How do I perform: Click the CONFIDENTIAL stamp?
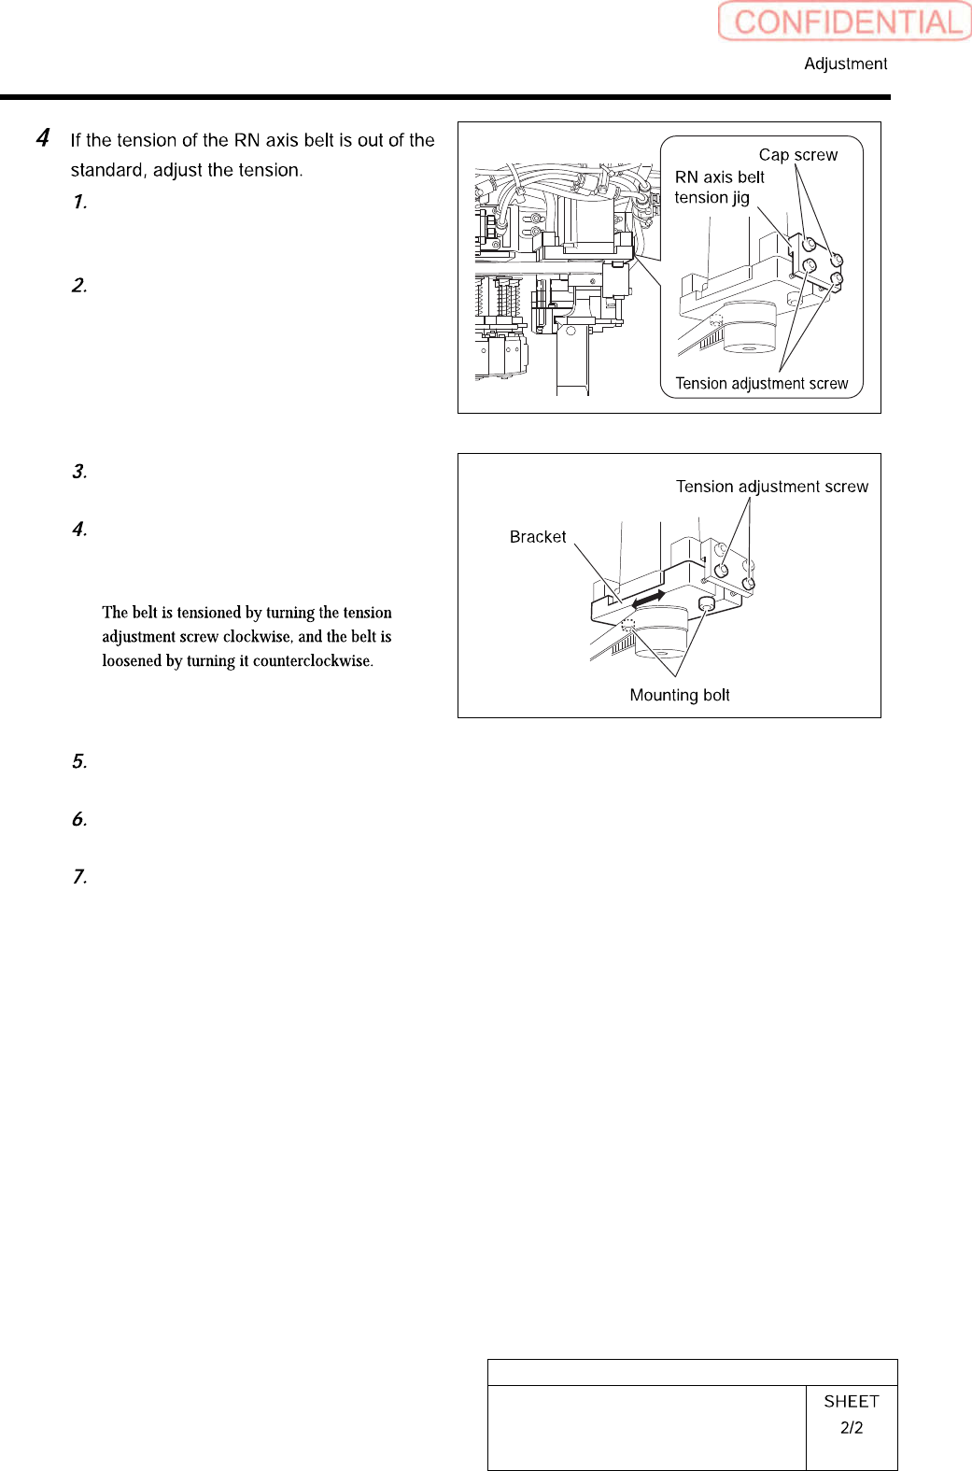pyautogui.click(x=846, y=21)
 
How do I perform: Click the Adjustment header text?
pyautogui.click(x=845, y=64)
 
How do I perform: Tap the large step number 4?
pyautogui.click(x=43, y=138)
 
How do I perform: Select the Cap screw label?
pyautogui.click(x=797, y=155)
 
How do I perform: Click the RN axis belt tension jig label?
pyautogui.click(x=718, y=187)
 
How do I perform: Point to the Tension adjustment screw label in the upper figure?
pyautogui.click(x=761, y=384)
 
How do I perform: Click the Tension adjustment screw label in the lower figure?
pyautogui.click(x=771, y=487)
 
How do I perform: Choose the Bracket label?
pyautogui.click(x=537, y=537)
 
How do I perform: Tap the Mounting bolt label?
pyautogui.click(x=679, y=695)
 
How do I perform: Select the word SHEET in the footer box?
pyautogui.click(x=851, y=1401)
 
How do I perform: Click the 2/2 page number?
pyautogui.click(x=851, y=1427)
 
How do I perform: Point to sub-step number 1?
pyautogui.click(x=79, y=202)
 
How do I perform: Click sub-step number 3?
pyautogui.click(x=79, y=472)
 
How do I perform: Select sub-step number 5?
pyautogui.click(x=79, y=761)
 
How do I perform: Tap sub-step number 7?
pyautogui.click(x=79, y=876)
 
